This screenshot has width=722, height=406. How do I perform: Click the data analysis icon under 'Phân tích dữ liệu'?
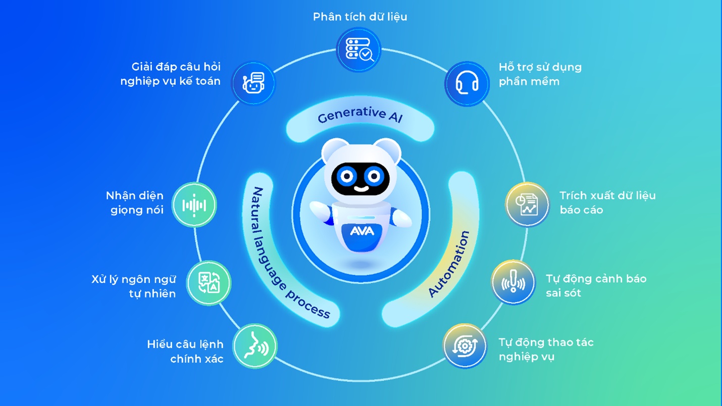pyautogui.click(x=358, y=50)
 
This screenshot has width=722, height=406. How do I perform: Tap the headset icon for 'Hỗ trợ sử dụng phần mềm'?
pyautogui.click(x=467, y=84)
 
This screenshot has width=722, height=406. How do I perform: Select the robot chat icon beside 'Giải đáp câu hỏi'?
pyautogui.click(x=253, y=83)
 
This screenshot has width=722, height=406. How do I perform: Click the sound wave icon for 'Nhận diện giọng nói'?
pyautogui.click(x=194, y=205)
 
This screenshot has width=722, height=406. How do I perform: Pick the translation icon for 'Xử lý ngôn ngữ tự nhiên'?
pyautogui.click(x=209, y=283)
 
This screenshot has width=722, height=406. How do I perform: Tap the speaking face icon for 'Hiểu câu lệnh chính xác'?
pyautogui.click(x=255, y=346)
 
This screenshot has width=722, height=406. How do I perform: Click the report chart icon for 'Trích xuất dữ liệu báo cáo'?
pyautogui.click(x=527, y=205)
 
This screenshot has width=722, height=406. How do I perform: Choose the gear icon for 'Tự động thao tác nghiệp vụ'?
pyautogui.click(x=465, y=346)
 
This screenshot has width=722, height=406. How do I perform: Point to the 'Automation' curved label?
pyautogui.click(x=449, y=263)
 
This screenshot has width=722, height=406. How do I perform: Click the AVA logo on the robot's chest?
pyautogui.click(x=362, y=231)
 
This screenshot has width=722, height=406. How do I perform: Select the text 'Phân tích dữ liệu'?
pyautogui.click(x=360, y=17)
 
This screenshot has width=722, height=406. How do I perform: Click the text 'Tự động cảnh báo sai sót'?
pyautogui.click(x=596, y=286)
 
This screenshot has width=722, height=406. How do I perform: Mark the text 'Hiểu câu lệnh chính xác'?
pyautogui.click(x=185, y=351)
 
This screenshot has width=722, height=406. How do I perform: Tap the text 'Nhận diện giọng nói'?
pyautogui.click(x=135, y=202)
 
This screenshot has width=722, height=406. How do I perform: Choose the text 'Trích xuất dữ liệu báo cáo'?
pyautogui.click(x=607, y=202)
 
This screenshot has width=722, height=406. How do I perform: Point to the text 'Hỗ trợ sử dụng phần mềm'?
pyautogui.click(x=540, y=74)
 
